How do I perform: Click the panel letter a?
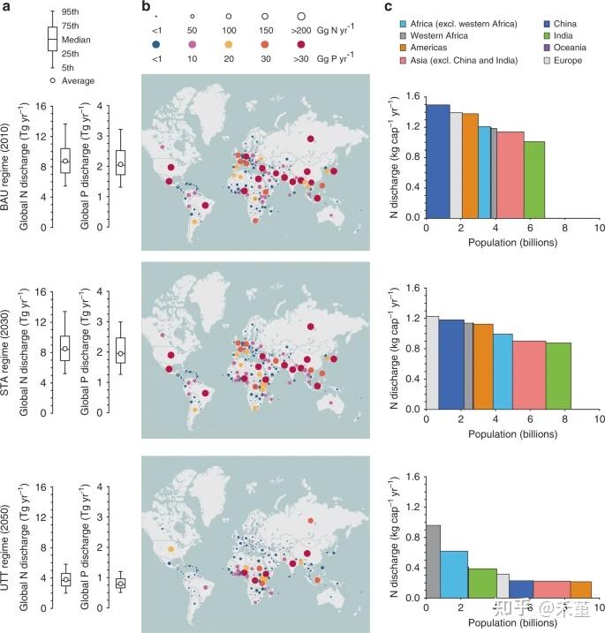pos(6,7)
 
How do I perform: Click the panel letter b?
pos(147,6)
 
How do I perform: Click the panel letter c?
pos(388,7)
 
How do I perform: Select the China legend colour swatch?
pos(547,24)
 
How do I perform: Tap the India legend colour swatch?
pos(547,36)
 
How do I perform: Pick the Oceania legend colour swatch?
pos(547,48)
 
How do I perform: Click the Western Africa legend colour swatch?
pos(403,36)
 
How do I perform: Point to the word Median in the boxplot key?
pos(76,40)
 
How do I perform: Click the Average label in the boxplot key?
pos(78,80)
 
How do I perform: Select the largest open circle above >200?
pos(301,16)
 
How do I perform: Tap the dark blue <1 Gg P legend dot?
pos(156,44)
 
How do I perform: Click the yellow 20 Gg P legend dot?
pos(229,44)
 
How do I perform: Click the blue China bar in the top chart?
pos(438,161)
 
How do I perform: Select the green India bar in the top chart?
pos(534,179)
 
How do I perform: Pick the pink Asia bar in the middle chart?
pos(529,375)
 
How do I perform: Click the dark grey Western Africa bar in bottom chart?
pos(434,561)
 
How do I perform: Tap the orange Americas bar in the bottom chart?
pos(581,590)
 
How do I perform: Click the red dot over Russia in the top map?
pos(310,139)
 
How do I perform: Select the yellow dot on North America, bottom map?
pos(170,549)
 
